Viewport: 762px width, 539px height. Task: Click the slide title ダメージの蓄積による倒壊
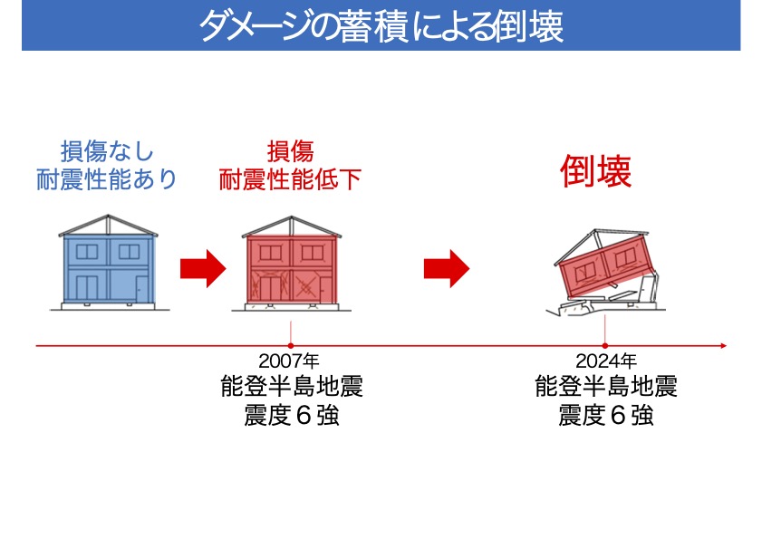381,26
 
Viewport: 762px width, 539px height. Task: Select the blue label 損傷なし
107,151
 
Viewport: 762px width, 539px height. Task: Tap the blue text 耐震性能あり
107,179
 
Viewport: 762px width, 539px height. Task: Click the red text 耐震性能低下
290,179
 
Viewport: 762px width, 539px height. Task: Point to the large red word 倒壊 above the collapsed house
596,171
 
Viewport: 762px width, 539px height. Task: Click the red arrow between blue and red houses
203,268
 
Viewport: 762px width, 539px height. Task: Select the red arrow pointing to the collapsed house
447,268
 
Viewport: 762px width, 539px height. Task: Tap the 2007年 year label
289,361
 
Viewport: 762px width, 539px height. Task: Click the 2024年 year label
606,361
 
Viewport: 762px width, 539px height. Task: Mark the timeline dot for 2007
291,345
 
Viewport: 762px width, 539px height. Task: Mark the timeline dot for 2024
605,345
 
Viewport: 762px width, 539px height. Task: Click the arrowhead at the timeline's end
724,345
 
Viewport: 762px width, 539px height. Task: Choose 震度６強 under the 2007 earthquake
292,415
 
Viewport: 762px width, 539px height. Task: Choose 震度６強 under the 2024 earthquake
606,415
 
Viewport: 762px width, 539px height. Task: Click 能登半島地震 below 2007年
292,387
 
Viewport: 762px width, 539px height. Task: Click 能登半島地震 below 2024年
606,387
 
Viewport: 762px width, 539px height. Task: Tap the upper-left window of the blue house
87,252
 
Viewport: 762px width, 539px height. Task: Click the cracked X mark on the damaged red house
305,287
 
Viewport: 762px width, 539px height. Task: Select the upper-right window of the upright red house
313,252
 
